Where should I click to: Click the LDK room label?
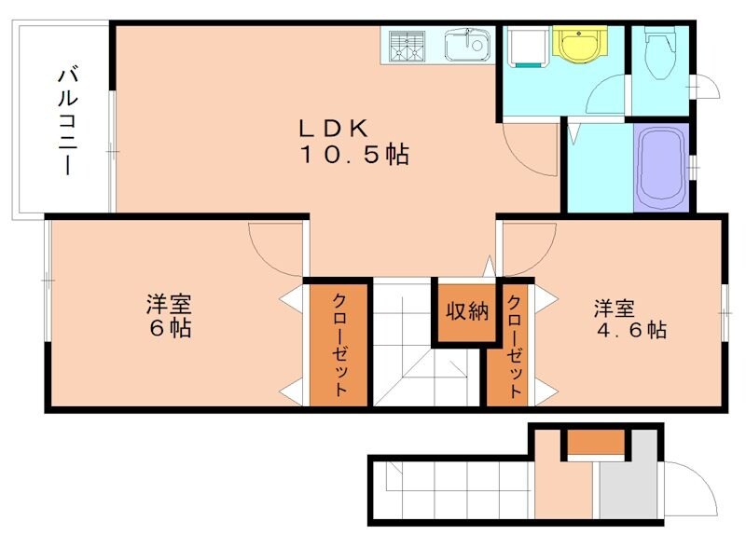point(335,129)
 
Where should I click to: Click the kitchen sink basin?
point(465,44)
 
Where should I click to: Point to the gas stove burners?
point(406,45)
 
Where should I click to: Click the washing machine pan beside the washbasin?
point(526,46)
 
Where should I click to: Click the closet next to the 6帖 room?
point(338,343)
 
